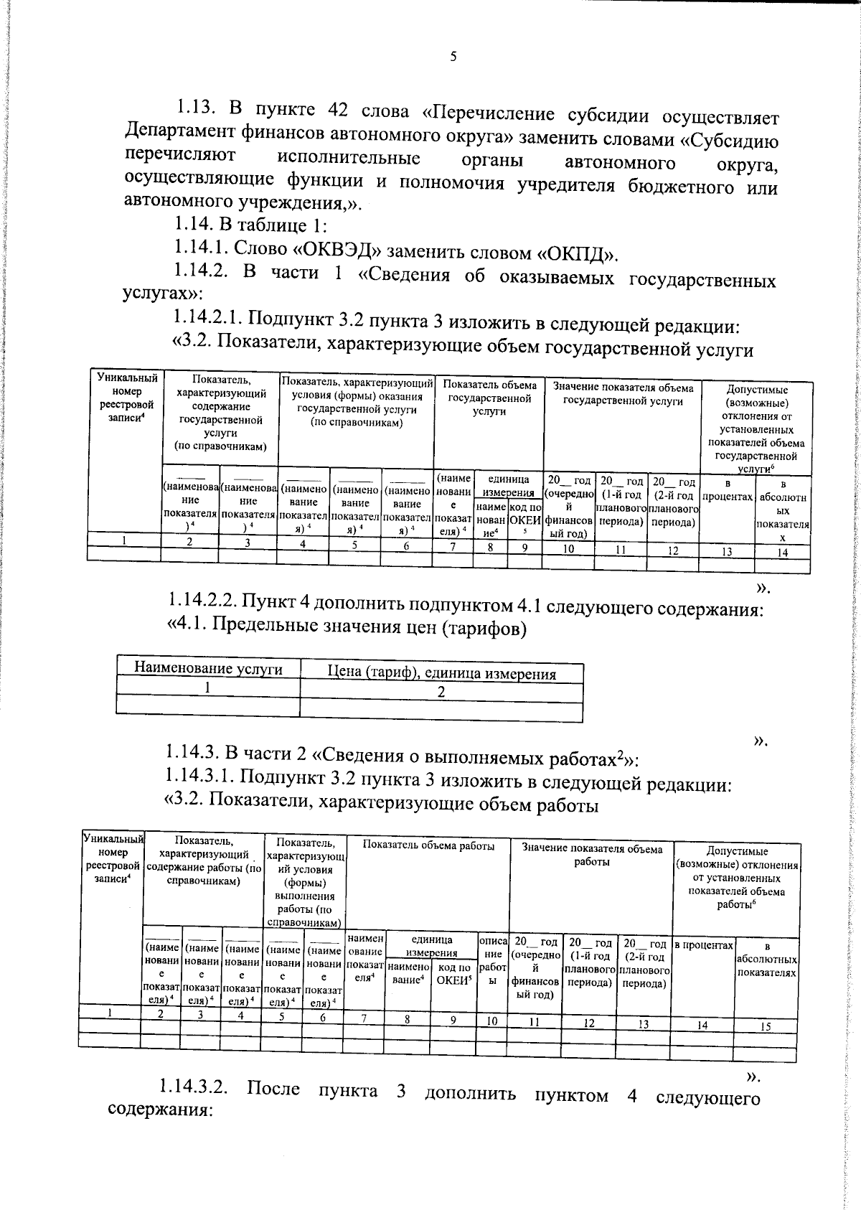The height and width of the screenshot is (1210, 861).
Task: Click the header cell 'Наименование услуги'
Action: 208,669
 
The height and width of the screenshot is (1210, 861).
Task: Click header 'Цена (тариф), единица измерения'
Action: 441,674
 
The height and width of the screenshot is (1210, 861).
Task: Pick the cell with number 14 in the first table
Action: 782,553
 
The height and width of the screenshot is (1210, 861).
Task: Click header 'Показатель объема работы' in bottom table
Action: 428,846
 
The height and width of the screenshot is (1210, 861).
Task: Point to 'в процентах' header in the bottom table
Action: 703,946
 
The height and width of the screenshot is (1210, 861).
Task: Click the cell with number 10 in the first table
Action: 568,549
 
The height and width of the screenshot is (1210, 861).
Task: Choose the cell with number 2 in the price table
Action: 441,693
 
